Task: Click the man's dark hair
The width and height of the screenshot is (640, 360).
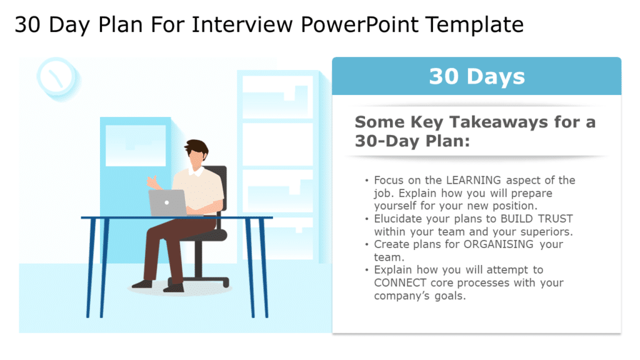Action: (x=196, y=149)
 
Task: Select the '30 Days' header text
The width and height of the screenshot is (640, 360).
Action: (x=476, y=76)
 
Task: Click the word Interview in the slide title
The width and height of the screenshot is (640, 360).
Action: (x=244, y=25)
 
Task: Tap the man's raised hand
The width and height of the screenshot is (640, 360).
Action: (x=152, y=182)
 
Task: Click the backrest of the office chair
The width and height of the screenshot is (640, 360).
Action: (x=218, y=187)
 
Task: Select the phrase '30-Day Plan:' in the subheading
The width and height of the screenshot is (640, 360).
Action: (x=411, y=141)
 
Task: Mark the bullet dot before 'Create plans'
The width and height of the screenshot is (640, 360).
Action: (x=367, y=244)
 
